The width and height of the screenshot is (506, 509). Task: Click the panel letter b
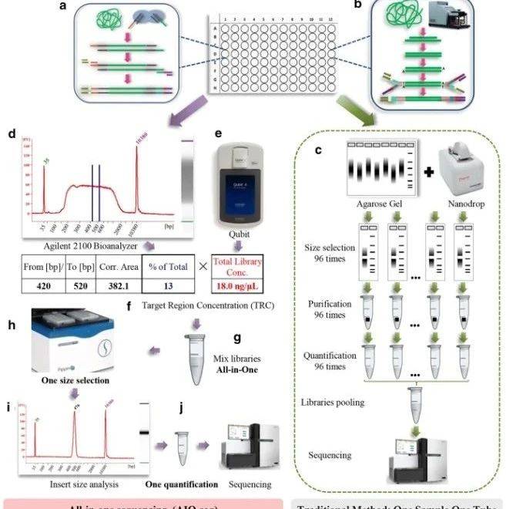coord(380,7)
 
